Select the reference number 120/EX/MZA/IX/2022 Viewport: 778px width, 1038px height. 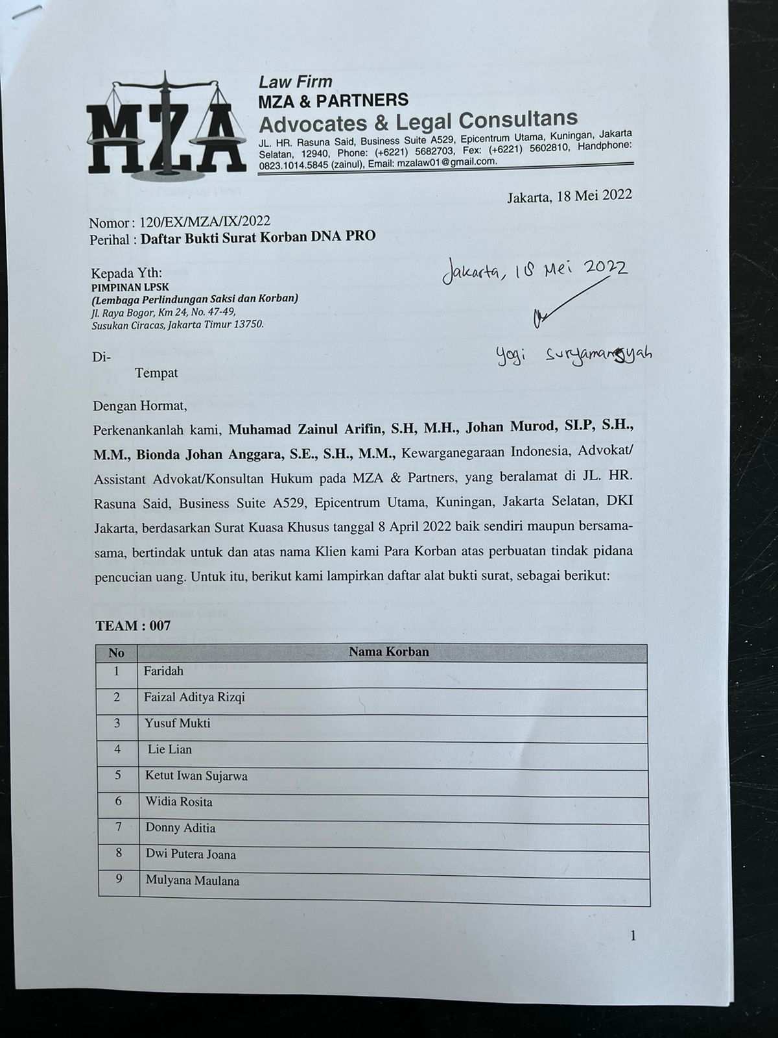pos(200,222)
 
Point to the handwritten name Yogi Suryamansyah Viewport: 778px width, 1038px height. pos(574,354)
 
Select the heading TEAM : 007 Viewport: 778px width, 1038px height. pos(133,626)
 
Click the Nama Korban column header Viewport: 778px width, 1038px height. pos(389,652)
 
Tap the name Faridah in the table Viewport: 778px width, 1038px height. pos(163,671)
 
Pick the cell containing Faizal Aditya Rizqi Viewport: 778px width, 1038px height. pos(194,697)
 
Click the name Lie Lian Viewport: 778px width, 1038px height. pos(170,749)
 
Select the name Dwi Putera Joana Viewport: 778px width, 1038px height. pos(191,854)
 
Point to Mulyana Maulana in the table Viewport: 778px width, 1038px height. pos(192,881)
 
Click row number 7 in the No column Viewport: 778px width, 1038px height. pos(119,827)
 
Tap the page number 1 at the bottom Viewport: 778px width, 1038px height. pos(633,935)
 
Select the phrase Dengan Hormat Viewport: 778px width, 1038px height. pos(140,407)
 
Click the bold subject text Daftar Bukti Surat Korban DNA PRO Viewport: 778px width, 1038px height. pos(258,237)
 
